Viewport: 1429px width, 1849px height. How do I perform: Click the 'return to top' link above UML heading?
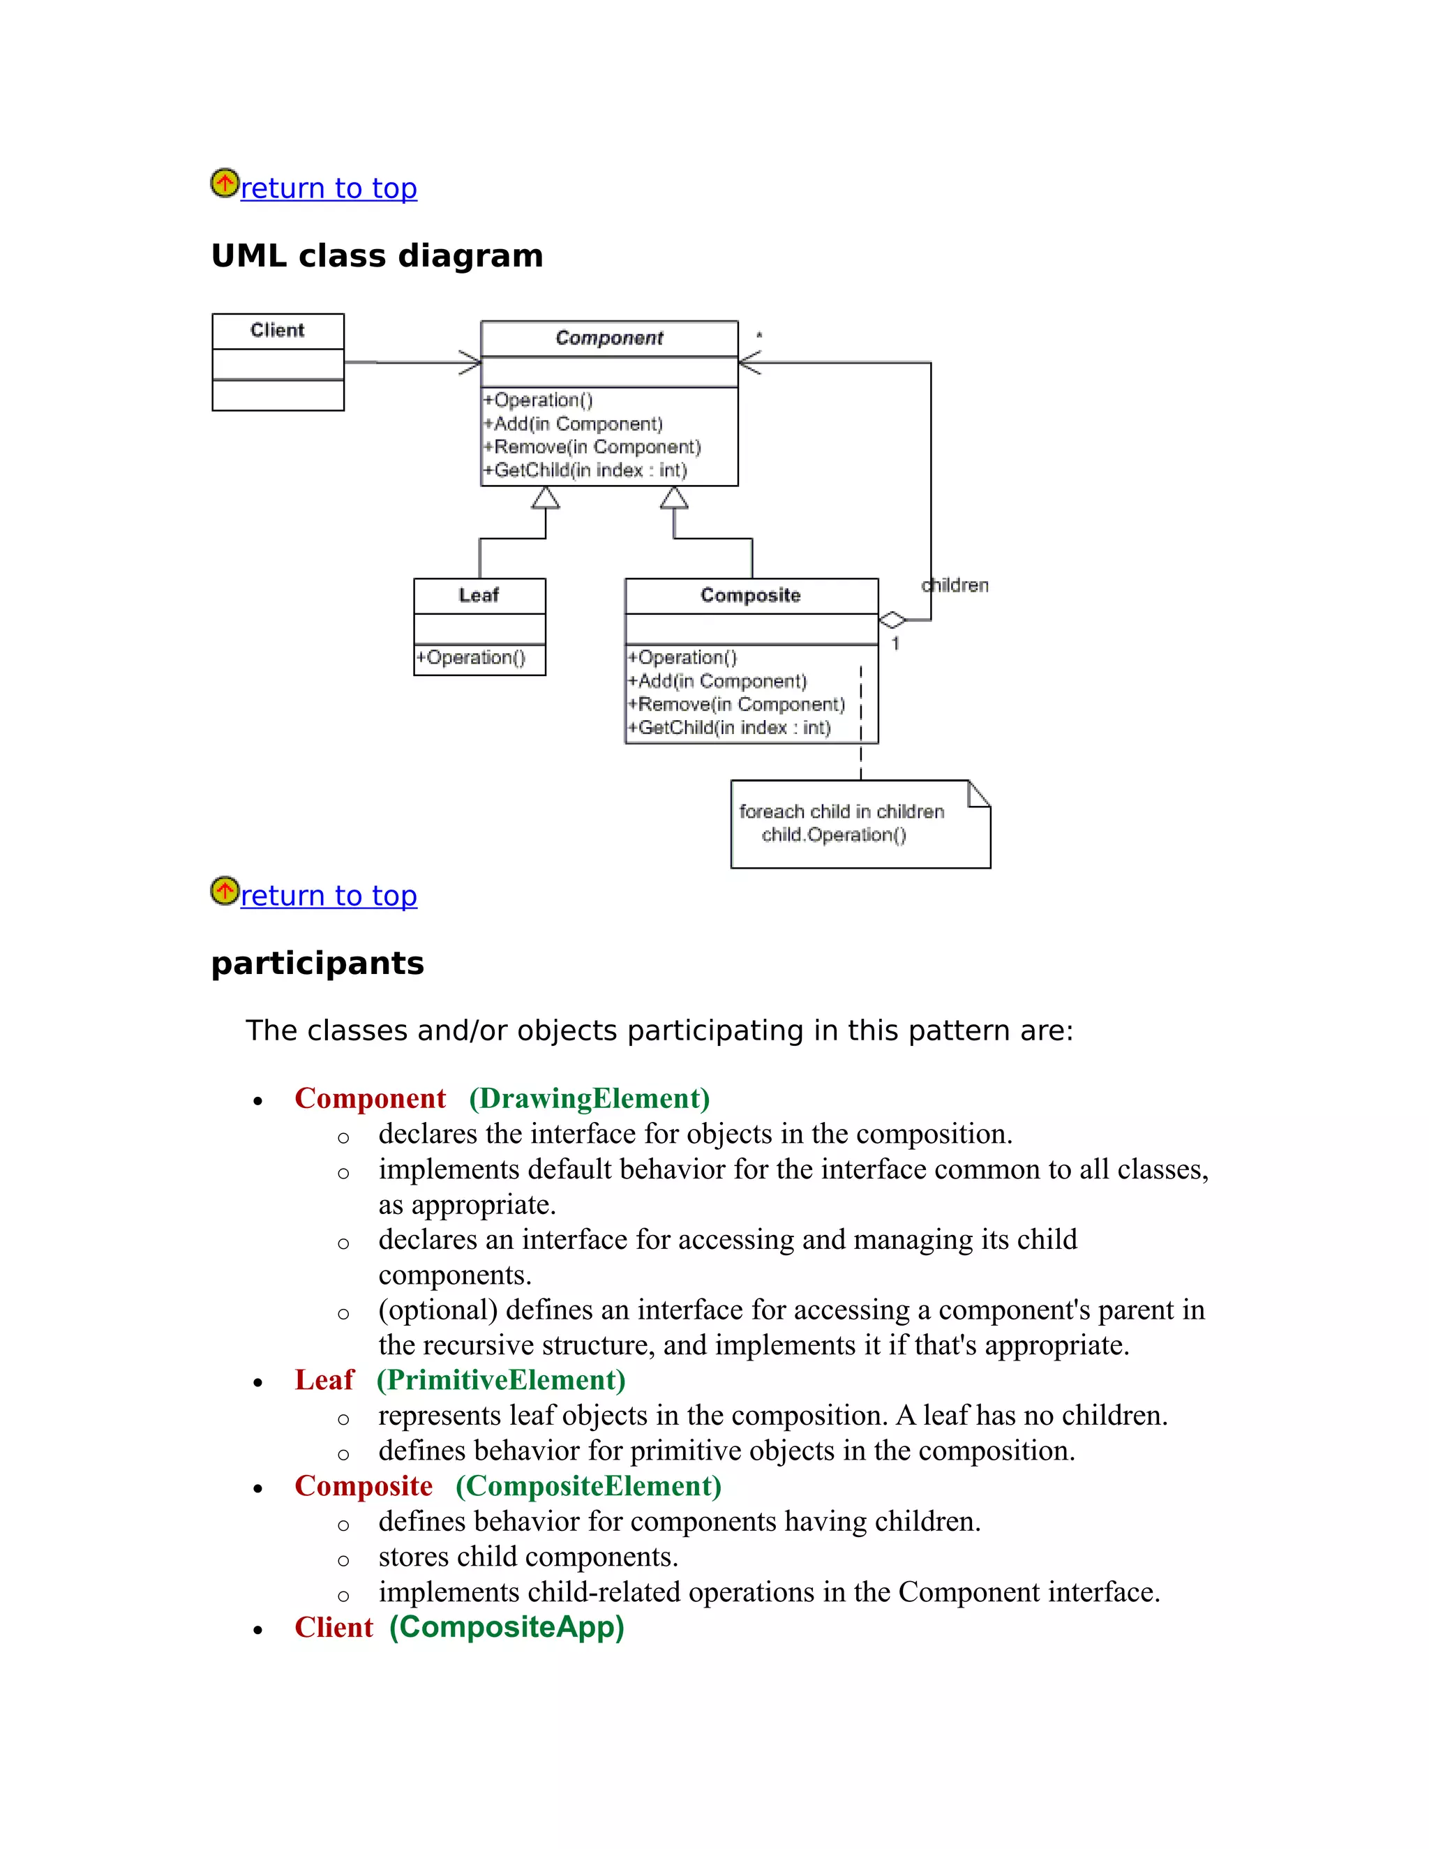329,188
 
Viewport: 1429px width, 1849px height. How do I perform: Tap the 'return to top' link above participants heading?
329,896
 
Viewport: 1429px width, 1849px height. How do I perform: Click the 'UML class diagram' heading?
377,255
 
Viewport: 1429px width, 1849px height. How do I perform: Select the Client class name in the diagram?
277,330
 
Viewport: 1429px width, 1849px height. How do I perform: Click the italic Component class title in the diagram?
608,338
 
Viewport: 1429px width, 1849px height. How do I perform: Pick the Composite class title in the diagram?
750,595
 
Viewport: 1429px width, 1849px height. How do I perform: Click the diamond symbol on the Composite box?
892,620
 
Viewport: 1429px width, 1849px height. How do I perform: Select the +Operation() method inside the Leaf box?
471,658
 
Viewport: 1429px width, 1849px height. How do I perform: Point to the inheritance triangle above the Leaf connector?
545,499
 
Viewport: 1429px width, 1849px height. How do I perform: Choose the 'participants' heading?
317,964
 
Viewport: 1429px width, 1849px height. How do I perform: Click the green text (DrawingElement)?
589,1098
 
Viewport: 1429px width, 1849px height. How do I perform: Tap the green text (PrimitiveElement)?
501,1380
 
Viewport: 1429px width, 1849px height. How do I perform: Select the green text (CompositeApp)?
507,1627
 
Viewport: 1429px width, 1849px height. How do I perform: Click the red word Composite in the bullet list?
363,1485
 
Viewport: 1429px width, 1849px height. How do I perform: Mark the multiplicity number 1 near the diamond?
895,643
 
